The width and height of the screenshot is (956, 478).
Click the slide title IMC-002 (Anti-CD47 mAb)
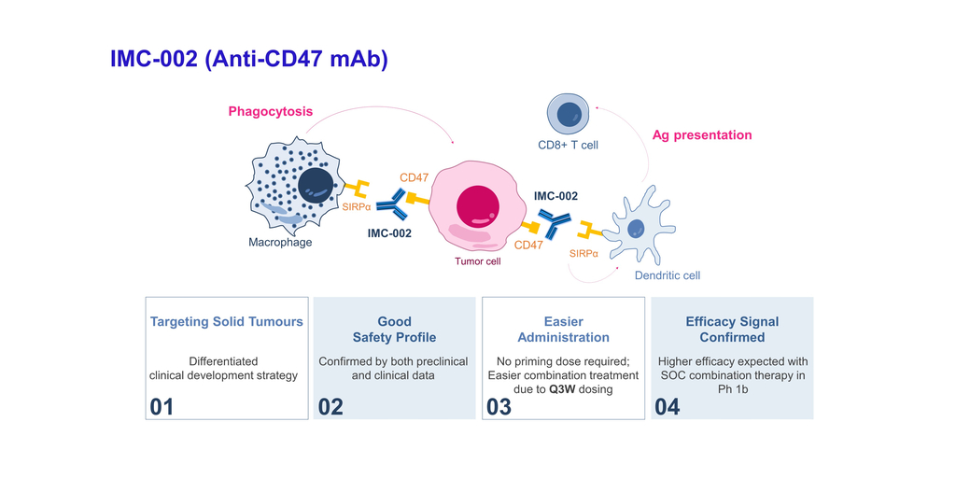tap(248, 60)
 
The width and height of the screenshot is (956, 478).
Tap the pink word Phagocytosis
tap(270, 112)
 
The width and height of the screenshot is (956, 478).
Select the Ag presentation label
tap(701, 135)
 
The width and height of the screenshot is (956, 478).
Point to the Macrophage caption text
tap(280, 243)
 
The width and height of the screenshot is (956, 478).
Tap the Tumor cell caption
tap(478, 261)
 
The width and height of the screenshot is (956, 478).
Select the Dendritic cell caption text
tap(667, 275)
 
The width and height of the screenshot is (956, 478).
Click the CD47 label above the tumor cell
tap(415, 177)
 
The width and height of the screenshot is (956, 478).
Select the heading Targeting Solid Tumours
tap(227, 321)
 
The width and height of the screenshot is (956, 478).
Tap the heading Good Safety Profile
tap(395, 329)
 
